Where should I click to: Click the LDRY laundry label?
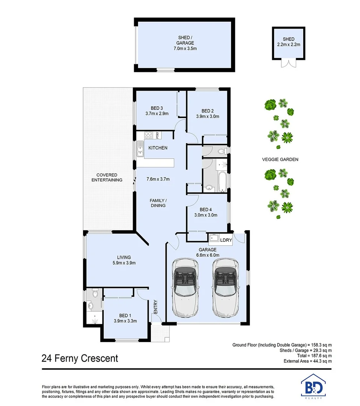[x=226, y=240]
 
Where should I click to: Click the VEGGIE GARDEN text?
[x=280, y=159]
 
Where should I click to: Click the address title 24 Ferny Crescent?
[x=80, y=358]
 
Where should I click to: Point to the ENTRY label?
[x=155, y=307]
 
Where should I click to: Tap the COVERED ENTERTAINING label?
[x=107, y=177]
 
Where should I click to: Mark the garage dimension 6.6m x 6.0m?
[x=208, y=255]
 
